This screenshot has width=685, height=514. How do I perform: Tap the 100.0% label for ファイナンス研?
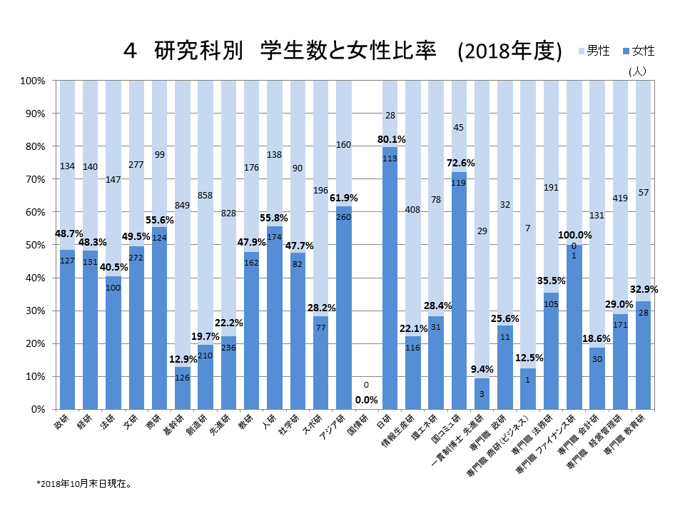575,235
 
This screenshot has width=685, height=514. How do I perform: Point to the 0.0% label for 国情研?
366,399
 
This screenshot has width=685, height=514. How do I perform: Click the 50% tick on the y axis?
34,245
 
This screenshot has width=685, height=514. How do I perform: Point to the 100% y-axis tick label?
32,81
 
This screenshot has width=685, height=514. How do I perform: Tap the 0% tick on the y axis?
37,409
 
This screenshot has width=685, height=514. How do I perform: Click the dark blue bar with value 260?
342,308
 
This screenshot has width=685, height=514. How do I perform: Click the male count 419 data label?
619,198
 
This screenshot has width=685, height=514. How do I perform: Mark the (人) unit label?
637,71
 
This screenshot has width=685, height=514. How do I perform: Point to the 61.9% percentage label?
343,198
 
